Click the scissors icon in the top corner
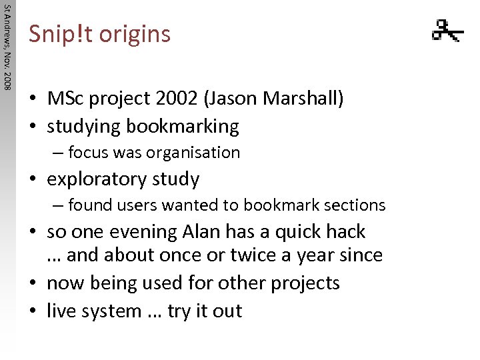(x=447, y=30)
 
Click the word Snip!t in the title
(x=61, y=33)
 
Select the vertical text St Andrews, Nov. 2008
(x=7, y=47)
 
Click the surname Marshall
(x=307, y=99)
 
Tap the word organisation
(x=194, y=153)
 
